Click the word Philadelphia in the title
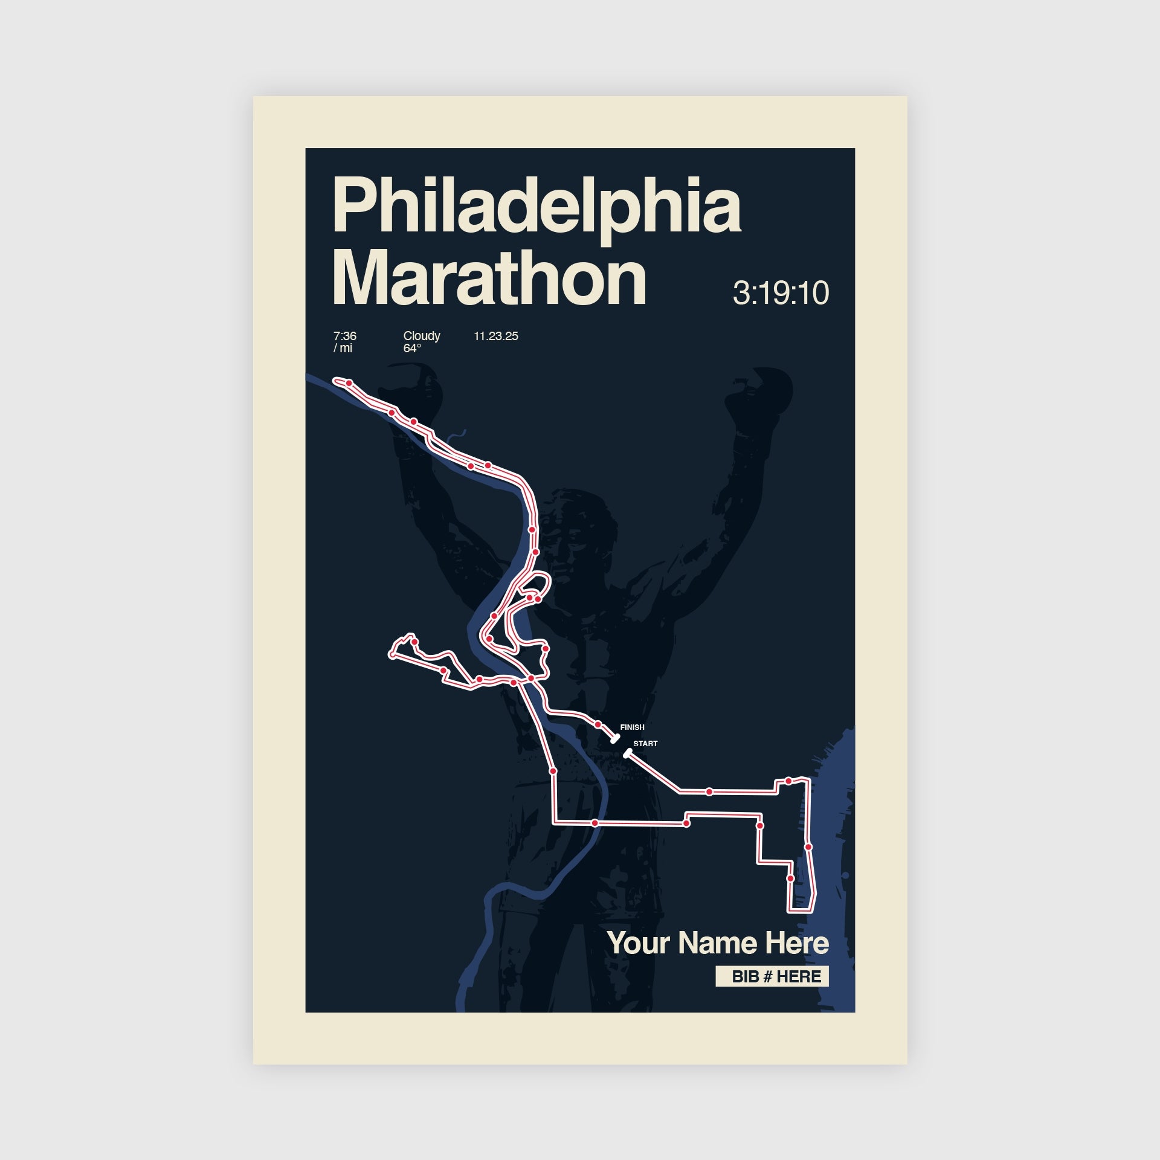pos(536,205)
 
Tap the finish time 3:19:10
pos(780,293)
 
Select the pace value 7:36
pos(344,336)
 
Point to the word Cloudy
pos(421,336)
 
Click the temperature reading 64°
pos(411,349)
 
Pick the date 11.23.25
pos(495,336)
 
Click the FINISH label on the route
pos(632,727)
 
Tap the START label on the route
pos(645,744)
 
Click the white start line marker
pos(627,753)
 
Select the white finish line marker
pos(615,738)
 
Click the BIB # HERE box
pos(772,976)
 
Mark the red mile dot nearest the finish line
pos(598,724)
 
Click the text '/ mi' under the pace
pos(343,349)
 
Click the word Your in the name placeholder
pos(638,943)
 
